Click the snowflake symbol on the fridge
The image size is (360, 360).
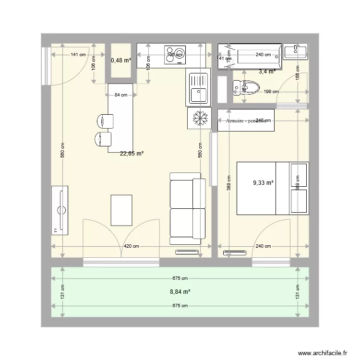tap(198, 118)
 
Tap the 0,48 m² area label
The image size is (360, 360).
tap(120, 60)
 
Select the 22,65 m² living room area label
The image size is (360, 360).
tap(132, 154)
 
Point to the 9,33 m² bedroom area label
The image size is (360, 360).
tap(263, 183)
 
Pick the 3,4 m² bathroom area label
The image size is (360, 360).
tap(267, 72)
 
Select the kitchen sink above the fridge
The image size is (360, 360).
tap(198, 87)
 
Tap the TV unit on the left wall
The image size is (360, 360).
tap(60, 209)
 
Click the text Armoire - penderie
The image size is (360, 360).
tap(246, 121)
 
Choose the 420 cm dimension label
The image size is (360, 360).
tap(132, 246)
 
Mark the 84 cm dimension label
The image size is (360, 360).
tap(121, 95)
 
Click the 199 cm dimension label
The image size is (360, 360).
tap(271, 92)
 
